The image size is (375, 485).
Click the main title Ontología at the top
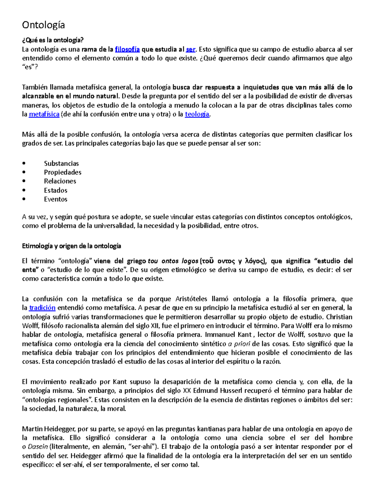(x=43, y=25)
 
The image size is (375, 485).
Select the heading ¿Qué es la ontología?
(x=53, y=40)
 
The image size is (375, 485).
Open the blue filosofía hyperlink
(x=127, y=49)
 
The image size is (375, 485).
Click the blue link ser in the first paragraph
(x=190, y=49)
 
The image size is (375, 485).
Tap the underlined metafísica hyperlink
(x=44, y=114)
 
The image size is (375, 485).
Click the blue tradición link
(x=42, y=308)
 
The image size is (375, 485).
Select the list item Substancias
(x=61, y=163)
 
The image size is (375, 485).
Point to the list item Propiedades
(x=62, y=172)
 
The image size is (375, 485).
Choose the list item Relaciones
(x=60, y=181)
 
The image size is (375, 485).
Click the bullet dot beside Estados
(x=24, y=190)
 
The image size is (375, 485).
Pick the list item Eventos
(x=56, y=199)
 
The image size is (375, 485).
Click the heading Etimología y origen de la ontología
(x=71, y=246)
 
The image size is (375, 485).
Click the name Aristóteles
(x=192, y=299)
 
